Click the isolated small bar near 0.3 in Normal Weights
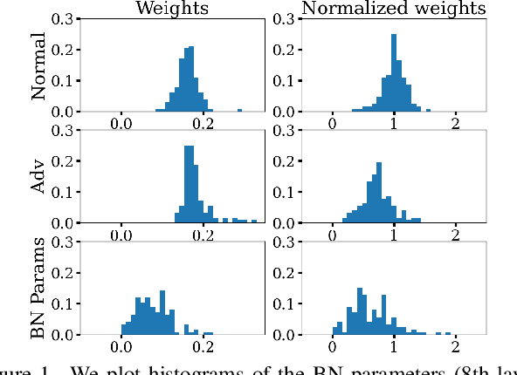tap(239, 110)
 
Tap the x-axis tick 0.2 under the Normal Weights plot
tap(204, 125)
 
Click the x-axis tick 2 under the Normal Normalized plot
tap(455, 125)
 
